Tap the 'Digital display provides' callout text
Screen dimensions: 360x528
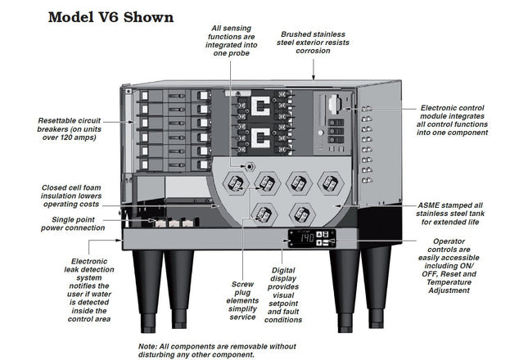(284, 294)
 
